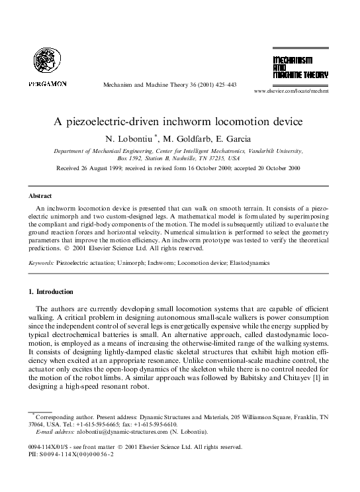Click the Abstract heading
[x=40, y=196]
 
